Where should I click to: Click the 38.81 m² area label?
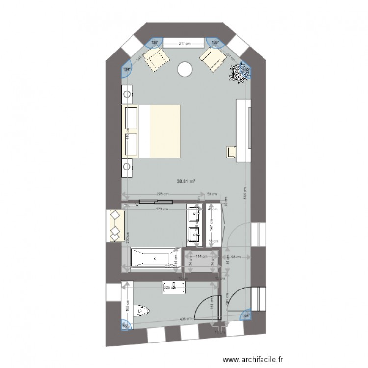pyautogui.click(x=186, y=181)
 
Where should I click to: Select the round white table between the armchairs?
pyautogui.click(x=185, y=69)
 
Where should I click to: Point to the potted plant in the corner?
pyautogui.click(x=240, y=73)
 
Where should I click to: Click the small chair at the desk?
pyautogui.click(x=231, y=152)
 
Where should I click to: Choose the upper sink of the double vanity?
pyautogui.click(x=194, y=215)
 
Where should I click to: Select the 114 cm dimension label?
pyautogui.click(x=200, y=256)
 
